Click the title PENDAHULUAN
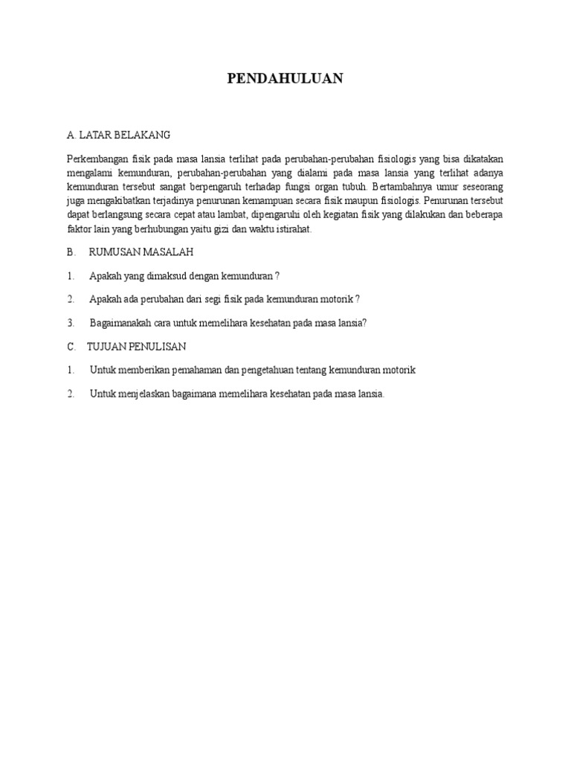point(285,79)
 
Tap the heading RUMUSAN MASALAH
point(141,252)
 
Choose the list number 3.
point(71,323)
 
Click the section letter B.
point(71,252)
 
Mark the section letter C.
point(71,347)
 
